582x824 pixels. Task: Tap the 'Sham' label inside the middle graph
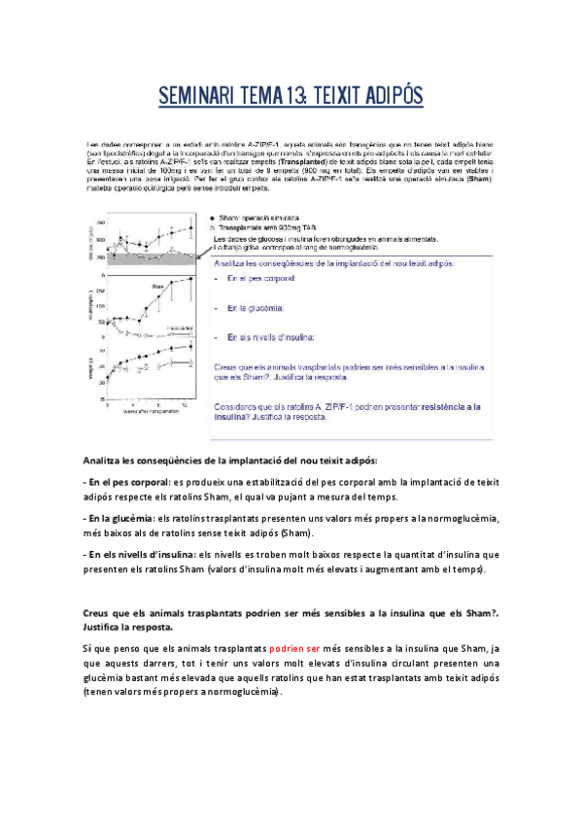[155, 287]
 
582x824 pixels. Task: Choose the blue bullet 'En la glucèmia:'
[256, 308]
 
